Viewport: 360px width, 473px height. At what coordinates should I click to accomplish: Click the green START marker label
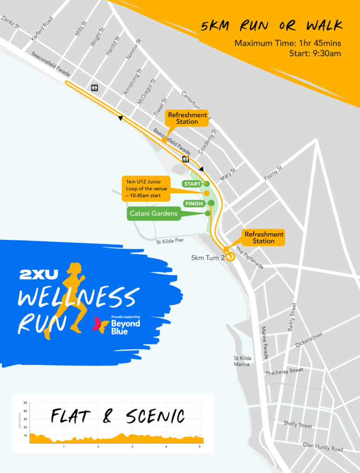click(x=192, y=184)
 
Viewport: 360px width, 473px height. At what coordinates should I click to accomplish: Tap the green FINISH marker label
click(x=193, y=203)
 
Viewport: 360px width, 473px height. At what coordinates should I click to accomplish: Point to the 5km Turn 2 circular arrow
click(x=230, y=257)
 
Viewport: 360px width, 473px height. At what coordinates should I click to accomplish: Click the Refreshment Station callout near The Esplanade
click(x=264, y=237)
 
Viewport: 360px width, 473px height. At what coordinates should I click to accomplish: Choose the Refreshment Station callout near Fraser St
click(x=187, y=118)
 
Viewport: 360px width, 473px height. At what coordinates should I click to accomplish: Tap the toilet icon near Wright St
click(x=95, y=87)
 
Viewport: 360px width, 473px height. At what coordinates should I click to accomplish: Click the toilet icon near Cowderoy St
click(x=186, y=159)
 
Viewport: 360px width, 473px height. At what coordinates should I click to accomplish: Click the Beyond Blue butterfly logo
click(x=101, y=325)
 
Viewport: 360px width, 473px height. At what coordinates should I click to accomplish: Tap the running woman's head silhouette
click(x=74, y=267)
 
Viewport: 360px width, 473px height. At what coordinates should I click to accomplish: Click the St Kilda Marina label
click(x=242, y=361)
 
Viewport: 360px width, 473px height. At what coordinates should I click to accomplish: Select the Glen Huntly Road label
click(x=323, y=447)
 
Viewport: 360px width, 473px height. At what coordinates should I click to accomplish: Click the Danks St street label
click(x=10, y=22)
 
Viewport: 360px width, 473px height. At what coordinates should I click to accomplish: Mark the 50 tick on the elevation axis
click(x=25, y=403)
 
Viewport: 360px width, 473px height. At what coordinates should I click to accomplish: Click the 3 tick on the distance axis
click(x=132, y=447)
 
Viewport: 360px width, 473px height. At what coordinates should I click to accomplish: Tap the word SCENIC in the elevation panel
click(x=155, y=416)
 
